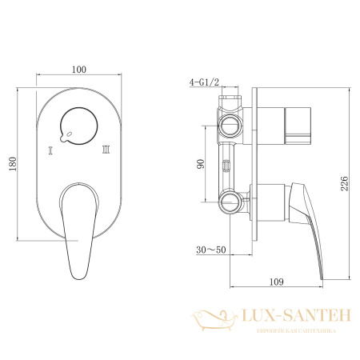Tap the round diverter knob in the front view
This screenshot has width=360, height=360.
[x=78, y=124]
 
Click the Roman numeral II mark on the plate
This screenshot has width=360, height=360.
[x=105, y=149]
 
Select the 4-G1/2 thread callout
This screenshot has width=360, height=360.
[x=203, y=82]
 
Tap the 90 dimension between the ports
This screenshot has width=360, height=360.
[x=202, y=163]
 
